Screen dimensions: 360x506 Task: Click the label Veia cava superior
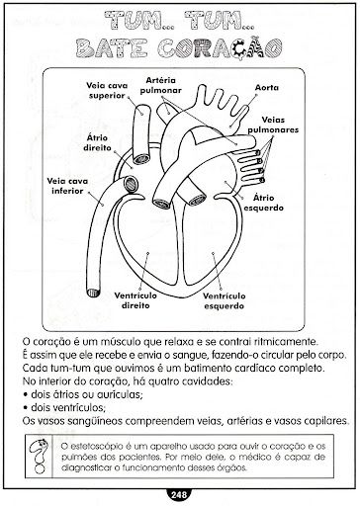(x=107, y=91)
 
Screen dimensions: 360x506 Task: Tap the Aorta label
(x=267, y=88)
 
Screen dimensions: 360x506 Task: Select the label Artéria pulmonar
(x=160, y=85)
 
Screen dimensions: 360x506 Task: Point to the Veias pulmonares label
(x=273, y=125)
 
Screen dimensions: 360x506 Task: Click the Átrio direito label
(x=97, y=142)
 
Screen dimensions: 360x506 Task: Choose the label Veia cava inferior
(x=67, y=186)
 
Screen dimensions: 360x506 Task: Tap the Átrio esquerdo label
(x=264, y=203)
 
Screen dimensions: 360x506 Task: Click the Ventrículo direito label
(x=135, y=300)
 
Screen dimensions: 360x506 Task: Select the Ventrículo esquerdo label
(x=225, y=300)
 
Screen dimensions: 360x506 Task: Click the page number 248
(x=179, y=494)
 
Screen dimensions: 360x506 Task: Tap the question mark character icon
(x=40, y=457)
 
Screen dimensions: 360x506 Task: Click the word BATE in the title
(x=111, y=48)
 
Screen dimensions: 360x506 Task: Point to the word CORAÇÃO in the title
(x=220, y=48)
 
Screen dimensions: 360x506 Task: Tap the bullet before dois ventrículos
(x=25, y=408)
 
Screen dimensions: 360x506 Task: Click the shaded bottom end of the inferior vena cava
(x=93, y=293)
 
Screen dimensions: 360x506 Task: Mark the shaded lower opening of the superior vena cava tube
(x=141, y=159)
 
